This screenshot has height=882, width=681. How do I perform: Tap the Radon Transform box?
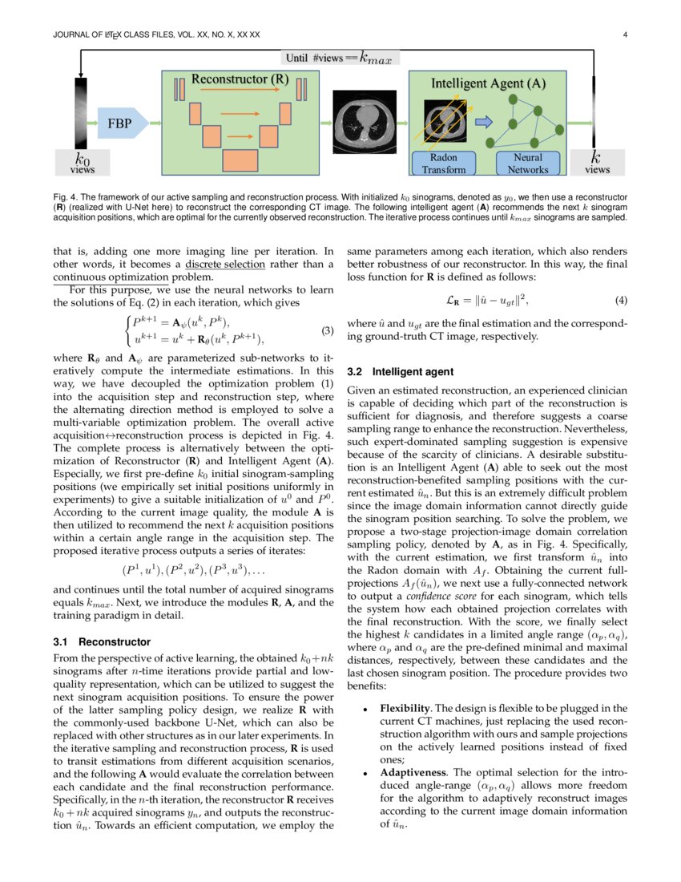point(443,164)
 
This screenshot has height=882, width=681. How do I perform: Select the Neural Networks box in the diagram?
point(528,164)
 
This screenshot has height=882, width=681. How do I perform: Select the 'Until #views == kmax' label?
point(341,58)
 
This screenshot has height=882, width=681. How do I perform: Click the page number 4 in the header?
point(624,35)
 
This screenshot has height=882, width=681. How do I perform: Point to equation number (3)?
point(327,330)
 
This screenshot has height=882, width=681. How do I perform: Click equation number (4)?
point(620,301)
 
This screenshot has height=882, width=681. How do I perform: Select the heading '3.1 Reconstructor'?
point(101,641)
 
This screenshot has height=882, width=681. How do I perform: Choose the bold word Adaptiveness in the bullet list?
point(415,773)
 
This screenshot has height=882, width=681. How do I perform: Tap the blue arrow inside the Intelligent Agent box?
point(484,122)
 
